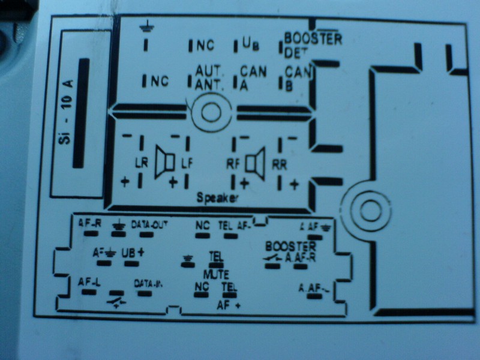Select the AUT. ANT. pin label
[x=209, y=77]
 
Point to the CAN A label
[x=253, y=77]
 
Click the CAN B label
[x=297, y=79]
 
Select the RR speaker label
[x=280, y=163]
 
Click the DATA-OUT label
[x=149, y=225]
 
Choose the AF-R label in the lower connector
[x=90, y=224]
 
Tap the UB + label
[x=133, y=253]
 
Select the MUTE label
[x=214, y=274]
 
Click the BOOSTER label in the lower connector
[x=290, y=247]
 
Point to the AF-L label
[x=89, y=281]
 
